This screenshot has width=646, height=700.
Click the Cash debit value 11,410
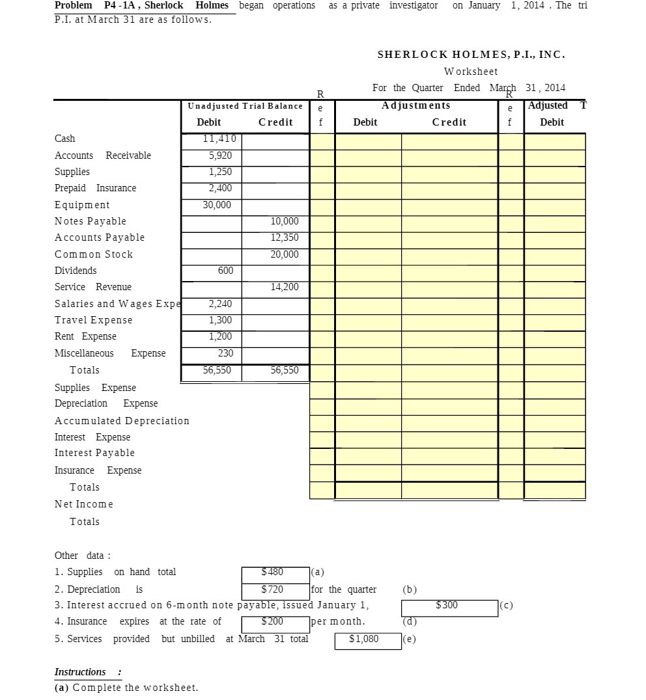(219, 139)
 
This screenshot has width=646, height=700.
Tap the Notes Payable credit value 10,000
(285, 221)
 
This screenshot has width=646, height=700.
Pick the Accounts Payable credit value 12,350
(285, 237)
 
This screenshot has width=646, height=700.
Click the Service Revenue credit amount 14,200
(285, 287)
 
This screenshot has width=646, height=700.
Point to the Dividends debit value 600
(225, 271)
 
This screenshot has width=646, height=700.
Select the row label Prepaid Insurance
(95, 188)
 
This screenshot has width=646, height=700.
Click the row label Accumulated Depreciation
(122, 421)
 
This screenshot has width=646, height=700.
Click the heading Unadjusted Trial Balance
(245, 106)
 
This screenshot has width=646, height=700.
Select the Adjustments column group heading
(415, 105)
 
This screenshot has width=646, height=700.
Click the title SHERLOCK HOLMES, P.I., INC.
(471, 55)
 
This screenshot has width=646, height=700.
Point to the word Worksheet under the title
(471, 72)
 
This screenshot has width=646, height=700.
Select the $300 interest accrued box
(449, 606)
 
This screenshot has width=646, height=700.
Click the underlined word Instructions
(80, 672)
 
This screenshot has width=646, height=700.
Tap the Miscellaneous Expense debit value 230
(225, 353)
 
